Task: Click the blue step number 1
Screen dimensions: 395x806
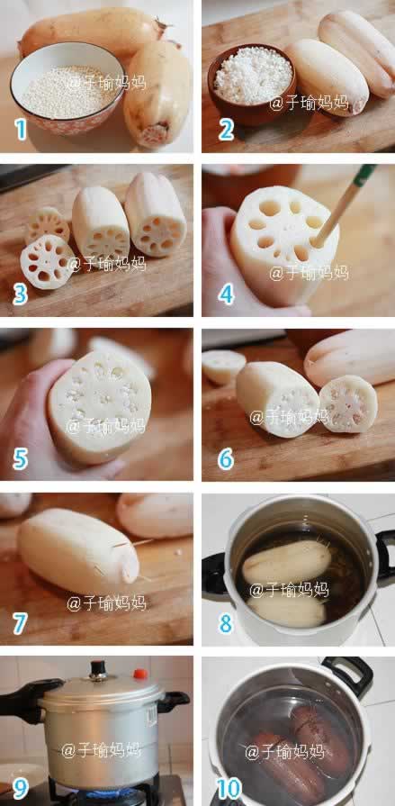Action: (21, 130)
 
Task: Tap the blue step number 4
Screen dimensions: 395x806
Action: (226, 294)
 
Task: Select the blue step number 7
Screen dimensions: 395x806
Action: (20, 623)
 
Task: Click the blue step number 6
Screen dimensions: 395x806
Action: (226, 459)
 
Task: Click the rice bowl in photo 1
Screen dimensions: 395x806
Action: (67, 88)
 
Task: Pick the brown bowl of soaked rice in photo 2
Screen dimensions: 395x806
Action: (251, 85)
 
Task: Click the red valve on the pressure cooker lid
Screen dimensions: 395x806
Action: (139, 674)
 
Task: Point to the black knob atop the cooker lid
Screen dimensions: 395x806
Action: (97, 669)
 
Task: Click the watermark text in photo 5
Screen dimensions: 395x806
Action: (106, 426)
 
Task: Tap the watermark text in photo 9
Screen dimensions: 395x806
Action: (101, 750)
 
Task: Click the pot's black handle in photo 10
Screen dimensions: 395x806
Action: (346, 675)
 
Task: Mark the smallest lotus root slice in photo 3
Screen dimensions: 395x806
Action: (48, 224)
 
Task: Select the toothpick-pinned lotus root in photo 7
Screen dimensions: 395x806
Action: (78, 551)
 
